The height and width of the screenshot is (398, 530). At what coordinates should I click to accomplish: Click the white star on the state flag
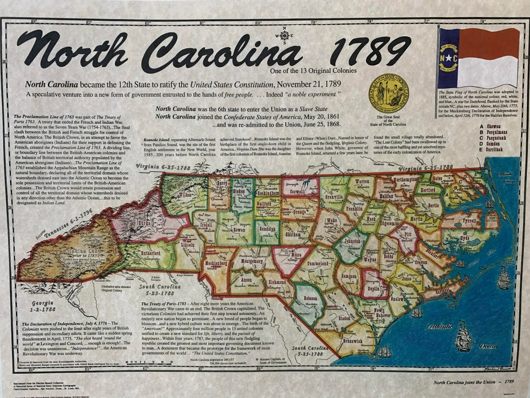click(449, 58)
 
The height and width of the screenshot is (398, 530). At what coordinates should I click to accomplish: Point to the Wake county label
click(331, 220)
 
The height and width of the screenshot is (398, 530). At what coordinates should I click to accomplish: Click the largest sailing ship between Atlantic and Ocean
click(463, 336)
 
